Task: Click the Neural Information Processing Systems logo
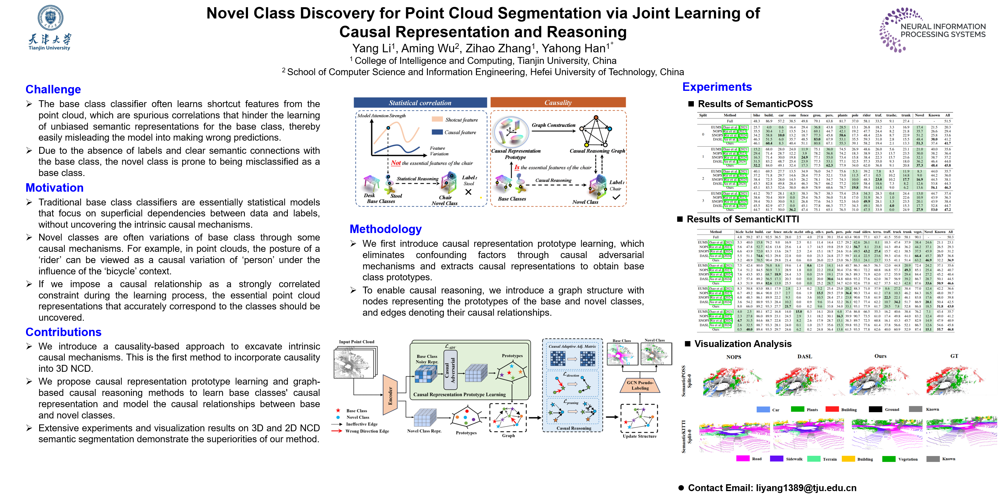tap(932, 30)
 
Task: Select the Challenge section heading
tap(53, 90)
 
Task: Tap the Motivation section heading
tap(55, 188)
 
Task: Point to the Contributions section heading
tap(63, 332)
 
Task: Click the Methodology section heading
tap(385, 229)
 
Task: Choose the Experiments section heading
tap(717, 87)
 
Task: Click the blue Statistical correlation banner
tap(420, 103)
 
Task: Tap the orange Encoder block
tap(390, 395)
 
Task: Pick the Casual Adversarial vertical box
tap(450, 370)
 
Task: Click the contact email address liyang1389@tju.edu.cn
tap(806, 488)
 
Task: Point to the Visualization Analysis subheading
tap(742, 344)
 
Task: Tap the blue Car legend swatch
tap(763, 409)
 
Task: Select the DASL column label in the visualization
tap(805, 356)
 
